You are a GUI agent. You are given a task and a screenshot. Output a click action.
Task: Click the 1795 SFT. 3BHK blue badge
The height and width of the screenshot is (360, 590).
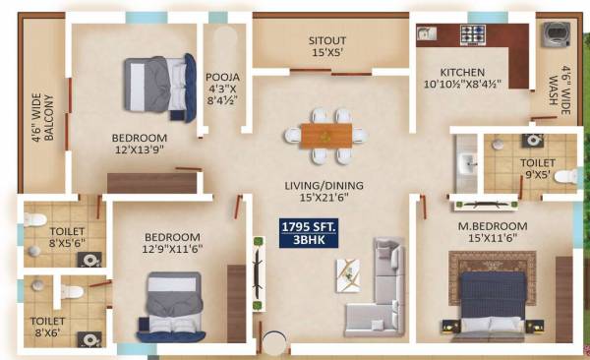click(x=310, y=232)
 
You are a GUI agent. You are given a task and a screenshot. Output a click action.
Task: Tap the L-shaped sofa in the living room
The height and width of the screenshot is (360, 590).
click(x=379, y=291)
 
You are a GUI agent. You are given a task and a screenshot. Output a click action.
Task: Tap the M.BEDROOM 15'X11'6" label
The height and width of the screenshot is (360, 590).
click(x=493, y=233)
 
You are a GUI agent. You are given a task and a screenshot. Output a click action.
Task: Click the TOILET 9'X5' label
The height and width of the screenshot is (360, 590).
click(x=537, y=168)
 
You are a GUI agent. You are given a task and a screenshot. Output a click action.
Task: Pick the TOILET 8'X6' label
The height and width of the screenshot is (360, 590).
click(x=46, y=327)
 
